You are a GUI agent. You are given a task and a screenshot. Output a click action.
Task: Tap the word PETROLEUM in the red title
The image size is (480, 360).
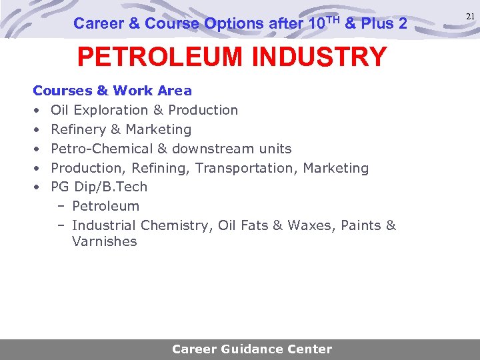click(160, 57)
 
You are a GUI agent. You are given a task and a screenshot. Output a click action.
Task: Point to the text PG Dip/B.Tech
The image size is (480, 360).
click(99, 187)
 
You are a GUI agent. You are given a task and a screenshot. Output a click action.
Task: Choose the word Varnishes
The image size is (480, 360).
click(105, 242)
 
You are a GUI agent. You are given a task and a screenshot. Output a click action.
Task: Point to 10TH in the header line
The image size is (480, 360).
click(325, 23)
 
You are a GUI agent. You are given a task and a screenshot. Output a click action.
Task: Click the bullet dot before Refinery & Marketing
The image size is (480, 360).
click(36, 130)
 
